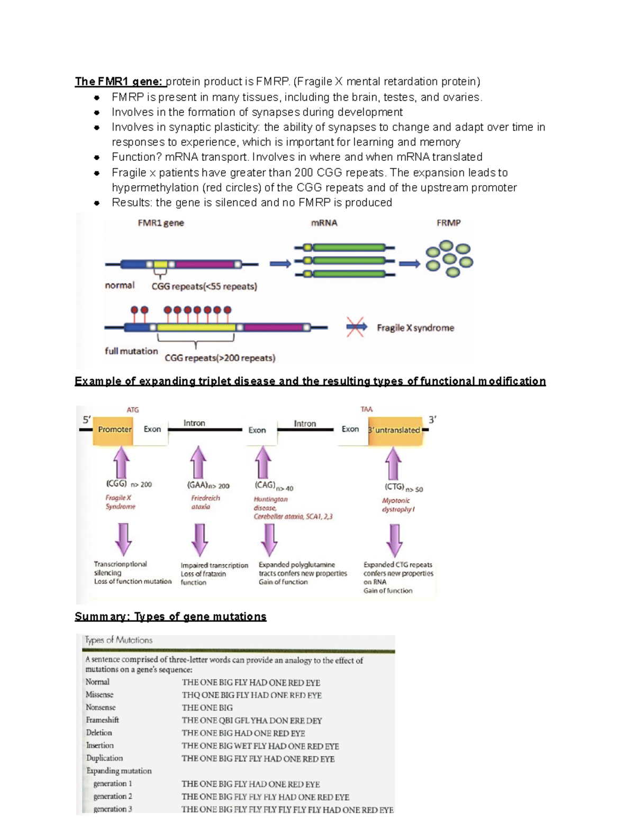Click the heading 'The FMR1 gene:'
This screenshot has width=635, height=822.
pyautogui.click(x=119, y=82)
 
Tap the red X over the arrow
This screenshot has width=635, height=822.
pyautogui.click(x=356, y=327)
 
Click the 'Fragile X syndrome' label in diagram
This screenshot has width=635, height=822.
pyautogui.click(x=415, y=328)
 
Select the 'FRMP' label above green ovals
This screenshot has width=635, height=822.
pyautogui.click(x=448, y=223)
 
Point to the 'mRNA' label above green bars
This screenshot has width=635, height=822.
pyautogui.click(x=324, y=223)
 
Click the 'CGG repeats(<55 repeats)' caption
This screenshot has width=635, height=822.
pyautogui.click(x=204, y=286)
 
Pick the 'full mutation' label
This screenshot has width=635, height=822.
pyautogui.click(x=131, y=351)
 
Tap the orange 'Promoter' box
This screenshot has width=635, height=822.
pyautogui.click(x=114, y=429)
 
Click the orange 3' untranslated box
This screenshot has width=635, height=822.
pyautogui.click(x=395, y=430)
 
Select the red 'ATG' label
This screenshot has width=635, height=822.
pyautogui.click(x=132, y=410)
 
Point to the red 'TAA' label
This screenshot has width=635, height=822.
pyautogui.click(x=366, y=409)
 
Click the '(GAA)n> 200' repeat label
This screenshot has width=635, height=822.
pyautogui.click(x=208, y=485)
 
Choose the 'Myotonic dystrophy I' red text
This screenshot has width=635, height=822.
pyautogui.click(x=397, y=505)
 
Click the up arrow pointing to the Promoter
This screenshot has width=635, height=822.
pyautogui.click(x=122, y=462)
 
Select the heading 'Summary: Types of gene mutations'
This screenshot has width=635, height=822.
pyautogui.click(x=170, y=617)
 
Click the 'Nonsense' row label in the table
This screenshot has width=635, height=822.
pyautogui.click(x=101, y=707)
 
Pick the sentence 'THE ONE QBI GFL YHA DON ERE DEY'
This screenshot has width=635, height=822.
pyautogui.click(x=251, y=720)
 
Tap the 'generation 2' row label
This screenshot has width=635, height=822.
pyautogui.click(x=113, y=796)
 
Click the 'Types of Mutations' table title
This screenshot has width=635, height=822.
pyautogui.click(x=119, y=640)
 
